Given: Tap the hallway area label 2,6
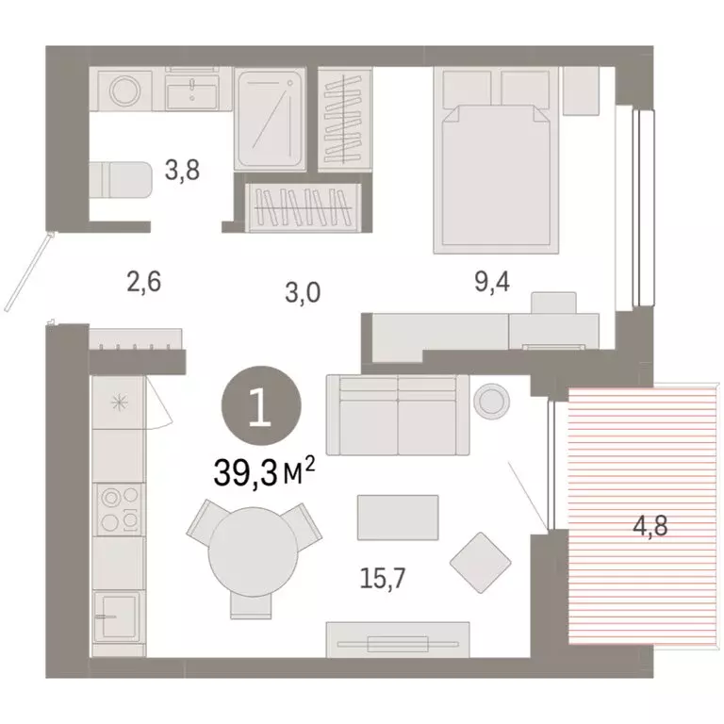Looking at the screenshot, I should click(145, 280).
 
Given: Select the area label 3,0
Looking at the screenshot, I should click(304, 292).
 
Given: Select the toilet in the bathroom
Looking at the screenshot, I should click(121, 179).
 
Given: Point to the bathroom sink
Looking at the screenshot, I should click(197, 92).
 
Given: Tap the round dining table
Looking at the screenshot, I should click(248, 551).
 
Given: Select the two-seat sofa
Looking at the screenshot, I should click(397, 414).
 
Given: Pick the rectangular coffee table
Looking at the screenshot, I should click(398, 518).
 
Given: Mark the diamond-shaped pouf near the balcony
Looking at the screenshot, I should click(481, 561).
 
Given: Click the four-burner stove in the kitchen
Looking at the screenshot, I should click(119, 509).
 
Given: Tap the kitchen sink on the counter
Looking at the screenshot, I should click(118, 617).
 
